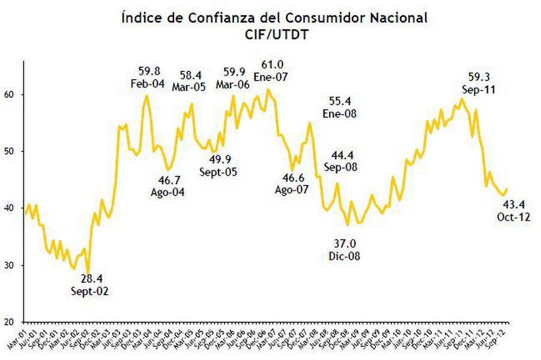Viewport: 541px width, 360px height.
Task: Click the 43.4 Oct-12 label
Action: point(513,211)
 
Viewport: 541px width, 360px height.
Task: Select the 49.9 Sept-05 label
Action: point(218,166)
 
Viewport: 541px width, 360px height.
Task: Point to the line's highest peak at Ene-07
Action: point(268,89)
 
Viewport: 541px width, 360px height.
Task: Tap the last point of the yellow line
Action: point(507,190)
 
